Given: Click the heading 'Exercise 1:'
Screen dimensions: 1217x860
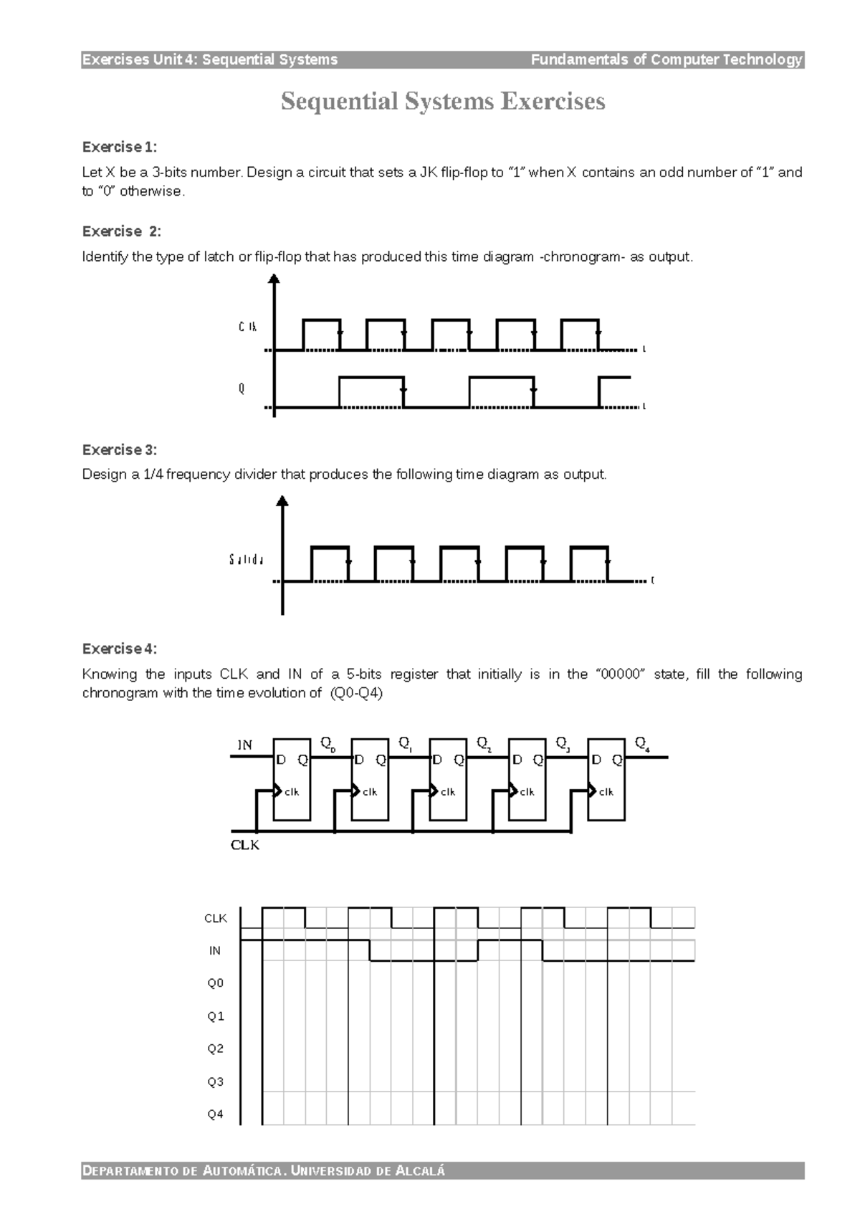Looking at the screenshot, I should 119,147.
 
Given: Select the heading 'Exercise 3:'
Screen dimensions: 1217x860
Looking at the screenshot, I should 119,450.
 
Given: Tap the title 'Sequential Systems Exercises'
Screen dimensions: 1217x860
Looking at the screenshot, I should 443,101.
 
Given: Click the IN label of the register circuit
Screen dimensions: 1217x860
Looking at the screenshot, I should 245,745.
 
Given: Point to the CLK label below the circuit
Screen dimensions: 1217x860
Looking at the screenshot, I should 245,845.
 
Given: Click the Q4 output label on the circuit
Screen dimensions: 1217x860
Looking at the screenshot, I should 643,745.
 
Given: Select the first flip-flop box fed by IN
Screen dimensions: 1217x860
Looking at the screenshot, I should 292,778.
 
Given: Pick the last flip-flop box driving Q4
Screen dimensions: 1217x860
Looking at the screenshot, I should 606,778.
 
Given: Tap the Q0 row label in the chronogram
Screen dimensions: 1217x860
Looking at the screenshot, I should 216,983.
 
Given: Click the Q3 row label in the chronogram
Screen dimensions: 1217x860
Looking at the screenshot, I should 216,1082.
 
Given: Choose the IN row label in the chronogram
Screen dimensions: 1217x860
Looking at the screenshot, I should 215,950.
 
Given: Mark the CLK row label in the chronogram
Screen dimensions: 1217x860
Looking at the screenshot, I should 216,918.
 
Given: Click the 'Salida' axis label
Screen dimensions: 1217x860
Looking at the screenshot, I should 247,560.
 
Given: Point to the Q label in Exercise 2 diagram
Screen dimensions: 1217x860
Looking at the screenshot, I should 242,388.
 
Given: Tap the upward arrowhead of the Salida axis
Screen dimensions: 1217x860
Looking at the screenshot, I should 282,500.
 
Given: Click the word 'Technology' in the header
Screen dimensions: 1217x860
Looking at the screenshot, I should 763,59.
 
